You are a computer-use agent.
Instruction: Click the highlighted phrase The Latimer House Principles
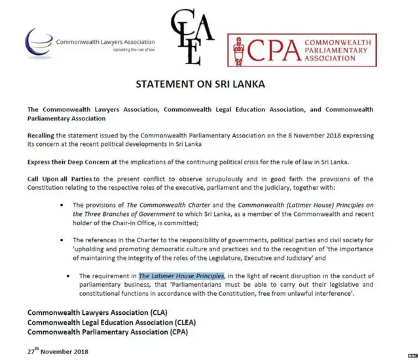tap(181, 276)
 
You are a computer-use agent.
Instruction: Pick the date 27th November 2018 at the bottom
tap(59, 351)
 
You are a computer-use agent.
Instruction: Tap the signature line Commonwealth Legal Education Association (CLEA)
tap(111, 322)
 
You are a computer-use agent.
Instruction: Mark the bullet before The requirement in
tap(71, 276)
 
